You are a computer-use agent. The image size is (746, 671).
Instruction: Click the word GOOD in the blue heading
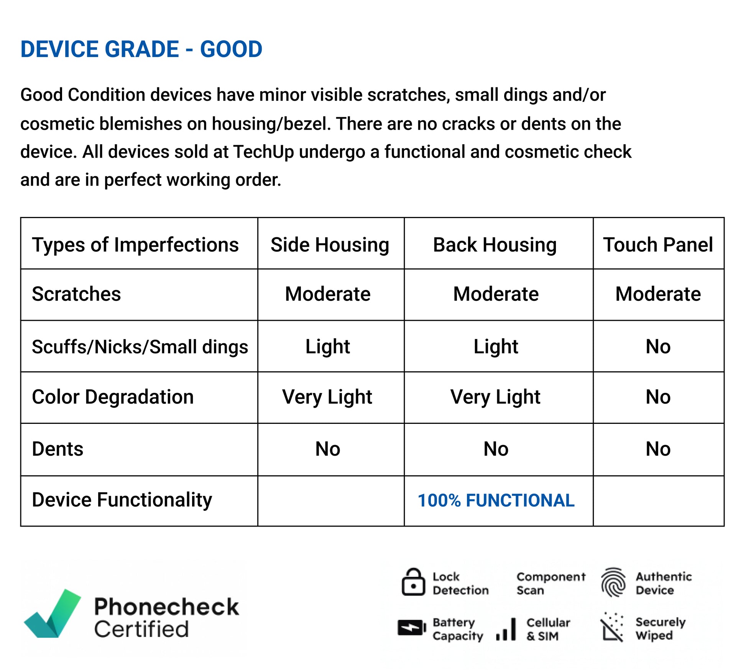pyautogui.click(x=231, y=49)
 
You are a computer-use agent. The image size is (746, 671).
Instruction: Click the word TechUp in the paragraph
pyautogui.click(x=263, y=152)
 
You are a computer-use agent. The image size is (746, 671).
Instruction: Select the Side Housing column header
pyautogui.click(x=330, y=245)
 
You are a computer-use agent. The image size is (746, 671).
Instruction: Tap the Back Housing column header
pyautogui.click(x=495, y=245)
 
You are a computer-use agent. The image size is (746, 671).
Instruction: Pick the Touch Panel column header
pyautogui.click(x=658, y=245)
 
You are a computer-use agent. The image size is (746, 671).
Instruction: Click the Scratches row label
pyautogui.click(x=76, y=294)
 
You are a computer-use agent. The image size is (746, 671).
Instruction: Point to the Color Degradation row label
pyautogui.click(x=113, y=397)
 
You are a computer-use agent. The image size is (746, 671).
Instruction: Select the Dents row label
pyautogui.click(x=58, y=449)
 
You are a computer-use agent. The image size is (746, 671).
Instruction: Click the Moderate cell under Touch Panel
pyautogui.click(x=658, y=294)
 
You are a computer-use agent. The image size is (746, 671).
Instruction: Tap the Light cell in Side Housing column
pyautogui.click(x=328, y=347)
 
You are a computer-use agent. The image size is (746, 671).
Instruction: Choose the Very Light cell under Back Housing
pyautogui.click(x=495, y=397)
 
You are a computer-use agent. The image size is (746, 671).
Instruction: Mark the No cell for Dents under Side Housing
pyautogui.click(x=328, y=449)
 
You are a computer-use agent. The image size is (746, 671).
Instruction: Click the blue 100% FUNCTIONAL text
pyautogui.click(x=496, y=500)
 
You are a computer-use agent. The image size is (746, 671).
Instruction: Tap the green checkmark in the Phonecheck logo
pyautogui.click(x=54, y=614)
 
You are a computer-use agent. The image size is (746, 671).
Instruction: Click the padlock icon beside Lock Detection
pyautogui.click(x=413, y=582)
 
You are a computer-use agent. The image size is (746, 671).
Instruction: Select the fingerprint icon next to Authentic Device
pyautogui.click(x=613, y=582)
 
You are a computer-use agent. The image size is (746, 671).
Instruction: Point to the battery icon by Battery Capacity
pyautogui.click(x=412, y=628)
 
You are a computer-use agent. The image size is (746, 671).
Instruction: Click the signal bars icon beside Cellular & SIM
pyautogui.click(x=506, y=629)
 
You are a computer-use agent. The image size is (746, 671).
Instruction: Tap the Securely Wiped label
pyautogui.click(x=661, y=628)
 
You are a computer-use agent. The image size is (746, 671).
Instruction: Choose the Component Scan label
pyautogui.click(x=551, y=583)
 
